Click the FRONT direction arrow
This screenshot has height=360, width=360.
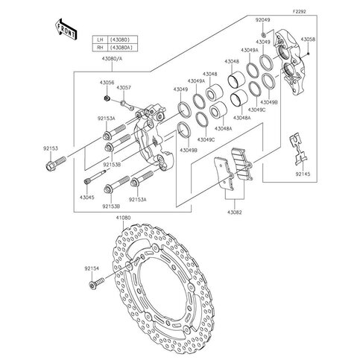click(x=66, y=29)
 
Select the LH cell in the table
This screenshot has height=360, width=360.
click(x=100, y=40)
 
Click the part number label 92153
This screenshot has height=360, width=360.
click(x=51, y=148)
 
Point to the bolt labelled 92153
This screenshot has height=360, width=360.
click(x=56, y=162)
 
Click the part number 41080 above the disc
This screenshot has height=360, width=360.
click(x=123, y=218)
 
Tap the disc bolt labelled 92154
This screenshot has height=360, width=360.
click(x=96, y=282)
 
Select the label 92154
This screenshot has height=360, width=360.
click(x=92, y=268)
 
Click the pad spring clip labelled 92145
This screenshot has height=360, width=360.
click(x=299, y=149)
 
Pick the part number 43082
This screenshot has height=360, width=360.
click(x=234, y=212)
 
